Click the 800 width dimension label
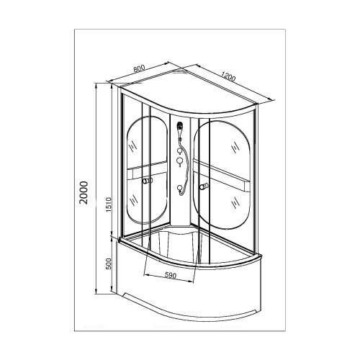pos(139,68)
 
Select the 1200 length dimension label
pos(228,76)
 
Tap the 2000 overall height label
pos(84,193)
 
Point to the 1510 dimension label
pos(109,204)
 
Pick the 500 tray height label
pos(109,264)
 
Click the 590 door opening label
pos(171,275)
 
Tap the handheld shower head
pos(180,127)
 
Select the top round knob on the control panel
pos(179,150)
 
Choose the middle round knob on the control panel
pos(179,161)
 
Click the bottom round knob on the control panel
pos(179,188)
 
